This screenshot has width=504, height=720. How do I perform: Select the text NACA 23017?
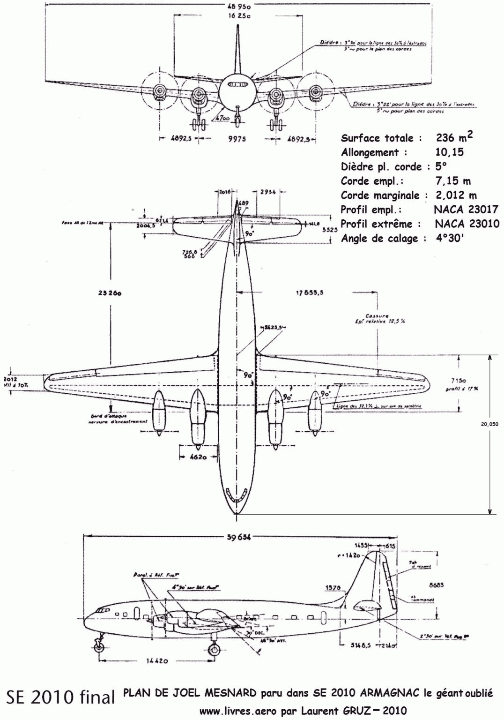tap(466, 210)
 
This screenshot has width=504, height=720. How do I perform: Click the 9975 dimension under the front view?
tap(237, 139)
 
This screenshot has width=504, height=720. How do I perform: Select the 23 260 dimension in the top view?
tap(109, 293)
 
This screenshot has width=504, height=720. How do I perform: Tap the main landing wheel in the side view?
tap(213, 650)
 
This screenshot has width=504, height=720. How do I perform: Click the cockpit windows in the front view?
tap(237, 84)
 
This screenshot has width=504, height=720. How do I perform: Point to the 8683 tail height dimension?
tap(436, 585)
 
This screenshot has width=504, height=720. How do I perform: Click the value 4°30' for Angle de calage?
tap(450, 238)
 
